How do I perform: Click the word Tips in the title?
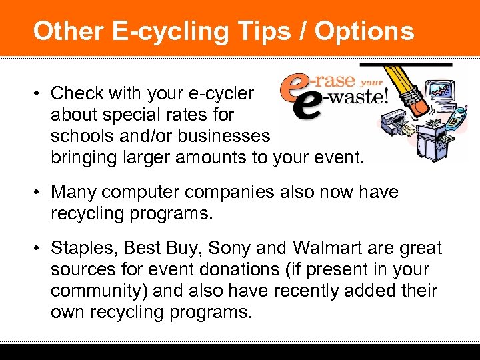click(x=259, y=31)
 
